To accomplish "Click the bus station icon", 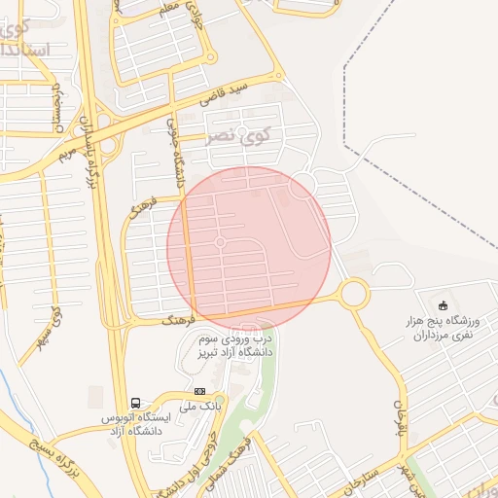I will click(x=135, y=403).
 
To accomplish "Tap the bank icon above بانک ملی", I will click(x=199, y=391).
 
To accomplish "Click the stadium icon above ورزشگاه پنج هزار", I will click(x=444, y=305).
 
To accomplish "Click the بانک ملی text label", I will click(x=204, y=405).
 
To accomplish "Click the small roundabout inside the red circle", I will click(x=221, y=241).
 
